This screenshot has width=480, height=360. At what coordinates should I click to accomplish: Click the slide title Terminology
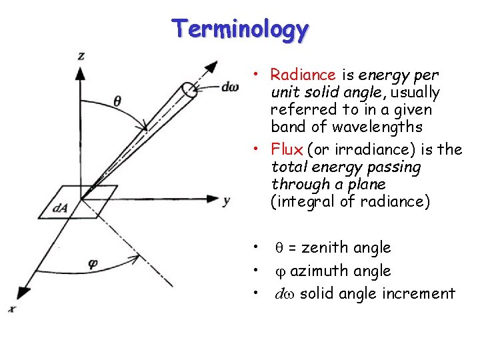pos(240,29)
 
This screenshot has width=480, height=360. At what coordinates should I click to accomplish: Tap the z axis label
pos(81,56)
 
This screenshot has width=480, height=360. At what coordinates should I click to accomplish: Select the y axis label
pos(227,200)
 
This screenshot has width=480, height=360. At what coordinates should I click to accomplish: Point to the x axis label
pos(11,309)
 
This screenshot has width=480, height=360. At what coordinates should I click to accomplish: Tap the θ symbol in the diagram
pos(117,102)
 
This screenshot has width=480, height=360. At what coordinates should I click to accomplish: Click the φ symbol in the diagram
pos(93,263)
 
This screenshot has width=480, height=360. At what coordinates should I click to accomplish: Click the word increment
pos(419,293)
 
